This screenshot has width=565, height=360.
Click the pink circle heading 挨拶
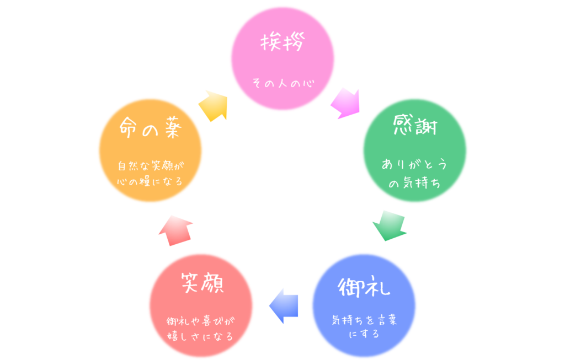pos(282,43)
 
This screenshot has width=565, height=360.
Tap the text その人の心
pos(282,84)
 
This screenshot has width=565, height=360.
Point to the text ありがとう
pos(414,165)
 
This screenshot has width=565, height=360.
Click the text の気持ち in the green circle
pos(414,184)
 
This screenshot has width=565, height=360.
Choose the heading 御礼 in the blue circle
pos(364,287)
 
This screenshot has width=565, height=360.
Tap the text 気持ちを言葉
pos(364,320)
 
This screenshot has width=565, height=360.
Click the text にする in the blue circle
pos(364,334)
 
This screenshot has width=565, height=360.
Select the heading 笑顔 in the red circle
pos(201,286)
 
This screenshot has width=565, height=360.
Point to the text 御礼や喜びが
pos(201,321)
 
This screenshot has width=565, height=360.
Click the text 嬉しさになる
pos(201,336)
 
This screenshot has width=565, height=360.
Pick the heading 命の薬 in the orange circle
pos(150,131)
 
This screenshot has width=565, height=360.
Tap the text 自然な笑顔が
pos(150,165)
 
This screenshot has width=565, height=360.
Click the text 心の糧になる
pos(150,181)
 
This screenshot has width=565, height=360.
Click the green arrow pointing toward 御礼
pos(390,225)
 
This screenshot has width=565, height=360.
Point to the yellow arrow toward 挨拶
pos(213,105)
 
